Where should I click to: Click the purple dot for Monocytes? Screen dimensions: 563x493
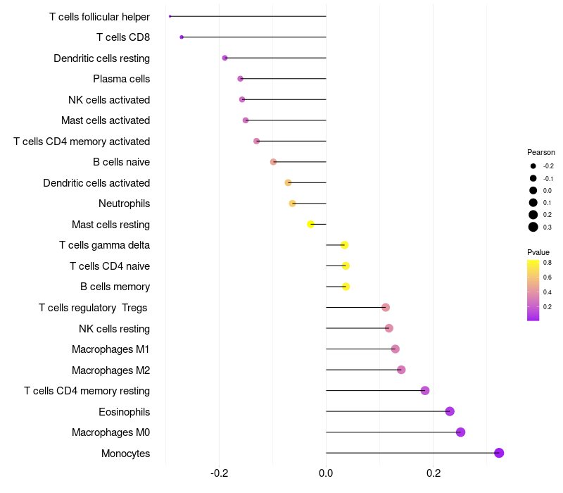click(x=499, y=453)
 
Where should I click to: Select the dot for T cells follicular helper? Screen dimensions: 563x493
click(x=170, y=16)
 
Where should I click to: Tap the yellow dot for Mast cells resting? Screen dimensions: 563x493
click(x=310, y=224)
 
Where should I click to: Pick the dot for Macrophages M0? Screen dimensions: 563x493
click(x=460, y=432)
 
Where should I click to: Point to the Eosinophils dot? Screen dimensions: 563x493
click(x=450, y=411)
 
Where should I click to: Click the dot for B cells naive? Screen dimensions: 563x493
click(x=273, y=162)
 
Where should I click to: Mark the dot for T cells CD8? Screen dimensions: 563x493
click(x=182, y=37)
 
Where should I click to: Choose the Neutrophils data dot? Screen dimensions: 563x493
click(x=292, y=204)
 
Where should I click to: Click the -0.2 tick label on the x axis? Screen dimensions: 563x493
click(x=219, y=473)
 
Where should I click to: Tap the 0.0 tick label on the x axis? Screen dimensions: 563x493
click(x=326, y=473)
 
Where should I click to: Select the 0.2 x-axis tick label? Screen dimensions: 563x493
click(x=434, y=473)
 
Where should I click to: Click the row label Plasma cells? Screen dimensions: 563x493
click(x=121, y=79)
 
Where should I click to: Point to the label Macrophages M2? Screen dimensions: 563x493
click(x=110, y=370)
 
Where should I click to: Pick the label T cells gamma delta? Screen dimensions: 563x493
click(x=104, y=245)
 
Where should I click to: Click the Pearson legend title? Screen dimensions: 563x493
click(x=540, y=152)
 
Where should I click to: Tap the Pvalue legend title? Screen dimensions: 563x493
click(x=538, y=252)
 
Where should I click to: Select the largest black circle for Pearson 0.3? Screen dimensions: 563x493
click(x=533, y=227)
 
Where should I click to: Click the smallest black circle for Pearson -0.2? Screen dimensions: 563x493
click(x=533, y=166)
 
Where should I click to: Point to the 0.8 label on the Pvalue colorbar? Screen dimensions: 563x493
click(x=548, y=262)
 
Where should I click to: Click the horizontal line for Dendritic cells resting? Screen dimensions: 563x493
click(x=275, y=58)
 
